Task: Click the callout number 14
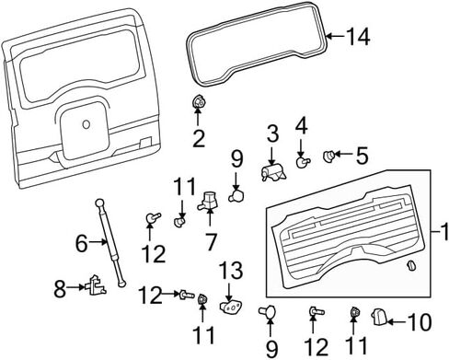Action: point(358,37)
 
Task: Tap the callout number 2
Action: point(199,138)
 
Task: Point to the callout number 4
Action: point(302,126)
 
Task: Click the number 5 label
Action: point(362,156)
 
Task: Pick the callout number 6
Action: point(82,244)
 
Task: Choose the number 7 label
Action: point(211,242)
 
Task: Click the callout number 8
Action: point(60,288)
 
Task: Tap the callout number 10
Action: point(420,322)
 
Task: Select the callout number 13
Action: point(231,270)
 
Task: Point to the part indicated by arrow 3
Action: point(273,172)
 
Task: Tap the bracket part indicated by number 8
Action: point(96,285)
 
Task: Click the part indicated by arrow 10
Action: point(379,317)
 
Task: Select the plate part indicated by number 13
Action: point(231,308)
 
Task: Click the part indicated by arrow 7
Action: point(208,200)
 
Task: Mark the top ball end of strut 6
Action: point(99,203)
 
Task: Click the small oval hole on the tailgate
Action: point(86,124)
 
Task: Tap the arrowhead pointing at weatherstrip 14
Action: point(328,37)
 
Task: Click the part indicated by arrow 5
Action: point(329,157)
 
